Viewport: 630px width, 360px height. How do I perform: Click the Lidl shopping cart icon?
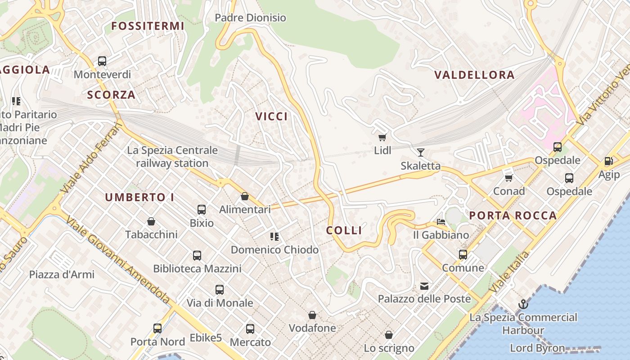[x=382, y=137]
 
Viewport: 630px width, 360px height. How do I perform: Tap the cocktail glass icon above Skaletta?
[x=421, y=152]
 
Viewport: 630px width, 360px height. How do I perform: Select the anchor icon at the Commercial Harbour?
[x=523, y=304]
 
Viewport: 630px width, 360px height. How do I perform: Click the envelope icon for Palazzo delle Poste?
[x=424, y=286]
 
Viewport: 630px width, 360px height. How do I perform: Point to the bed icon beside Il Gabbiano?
[x=441, y=222]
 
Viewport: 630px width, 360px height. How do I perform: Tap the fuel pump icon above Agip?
[x=609, y=161]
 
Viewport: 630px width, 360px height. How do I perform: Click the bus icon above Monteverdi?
[x=102, y=61]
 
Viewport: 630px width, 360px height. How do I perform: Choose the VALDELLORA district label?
[x=474, y=75]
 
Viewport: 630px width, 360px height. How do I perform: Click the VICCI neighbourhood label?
[x=271, y=117]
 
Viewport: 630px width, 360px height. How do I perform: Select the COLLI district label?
[x=344, y=230]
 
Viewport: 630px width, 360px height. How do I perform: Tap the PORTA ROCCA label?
[x=513, y=216]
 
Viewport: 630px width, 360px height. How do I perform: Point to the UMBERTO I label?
[x=139, y=197]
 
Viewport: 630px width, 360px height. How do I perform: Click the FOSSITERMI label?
[x=148, y=26]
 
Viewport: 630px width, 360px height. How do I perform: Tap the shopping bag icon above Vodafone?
[x=312, y=315]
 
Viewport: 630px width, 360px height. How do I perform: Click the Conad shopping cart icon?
[x=509, y=178]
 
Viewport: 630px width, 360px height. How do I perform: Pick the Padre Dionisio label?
[x=250, y=18]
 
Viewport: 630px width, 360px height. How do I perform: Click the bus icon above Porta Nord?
[x=157, y=328]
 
